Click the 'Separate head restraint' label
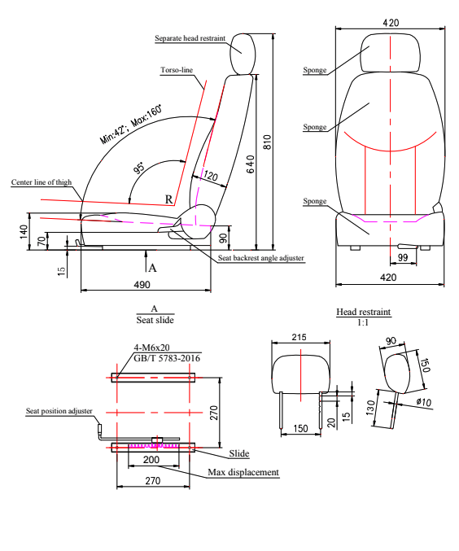pyautogui.click(x=190, y=38)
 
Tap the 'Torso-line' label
pyautogui.click(x=177, y=70)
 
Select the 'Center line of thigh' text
pyautogui.click(x=42, y=182)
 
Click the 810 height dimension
pyautogui.click(x=268, y=142)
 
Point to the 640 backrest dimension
pyautogui.click(x=250, y=164)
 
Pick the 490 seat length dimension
pyautogui.click(x=142, y=284)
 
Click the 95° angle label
pyautogui.click(x=139, y=168)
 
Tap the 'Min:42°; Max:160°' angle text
pyautogui.click(x=131, y=125)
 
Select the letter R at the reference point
pyautogui.click(x=169, y=199)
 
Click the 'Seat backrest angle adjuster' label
pyautogui.click(x=260, y=258)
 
